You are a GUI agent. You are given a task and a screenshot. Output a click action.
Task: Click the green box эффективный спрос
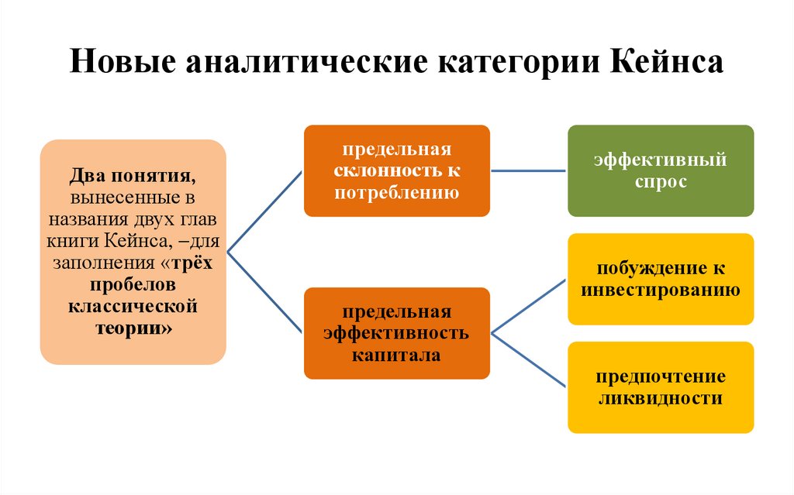click(x=661, y=170)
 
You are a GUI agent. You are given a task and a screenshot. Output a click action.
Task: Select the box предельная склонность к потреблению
click(x=397, y=170)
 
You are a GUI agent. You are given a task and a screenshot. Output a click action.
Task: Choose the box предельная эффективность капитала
click(x=397, y=333)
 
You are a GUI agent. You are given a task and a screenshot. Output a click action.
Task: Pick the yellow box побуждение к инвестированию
click(x=661, y=279)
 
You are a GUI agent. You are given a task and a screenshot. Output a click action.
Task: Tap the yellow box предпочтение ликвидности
click(x=661, y=387)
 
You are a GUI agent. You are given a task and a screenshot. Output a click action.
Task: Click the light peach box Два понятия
click(x=133, y=252)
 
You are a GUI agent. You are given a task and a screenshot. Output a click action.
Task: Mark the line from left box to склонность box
click(x=264, y=211)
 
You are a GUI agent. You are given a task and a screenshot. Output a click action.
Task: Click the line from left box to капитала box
click(x=264, y=292)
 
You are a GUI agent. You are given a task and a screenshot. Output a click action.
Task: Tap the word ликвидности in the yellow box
click(x=661, y=400)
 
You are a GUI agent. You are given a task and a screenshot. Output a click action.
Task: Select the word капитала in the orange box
click(x=397, y=356)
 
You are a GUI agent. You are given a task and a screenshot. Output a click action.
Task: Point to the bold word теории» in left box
click(x=133, y=327)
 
